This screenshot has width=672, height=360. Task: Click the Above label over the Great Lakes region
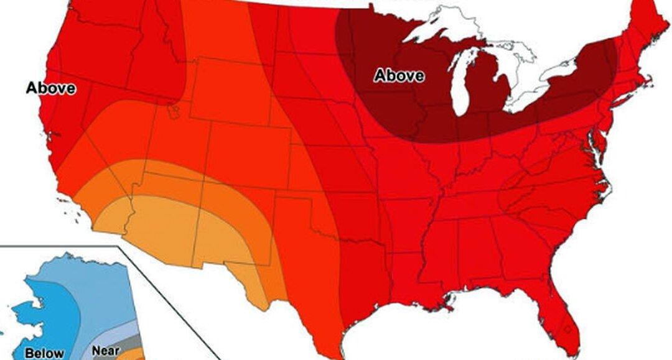click(x=399, y=76)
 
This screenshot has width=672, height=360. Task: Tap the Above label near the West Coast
click(x=51, y=88)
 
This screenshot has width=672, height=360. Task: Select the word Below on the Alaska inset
click(x=44, y=353)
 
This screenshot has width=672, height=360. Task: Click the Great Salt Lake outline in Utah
click(x=175, y=112)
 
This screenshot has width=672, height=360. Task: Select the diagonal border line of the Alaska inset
click(x=168, y=298)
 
